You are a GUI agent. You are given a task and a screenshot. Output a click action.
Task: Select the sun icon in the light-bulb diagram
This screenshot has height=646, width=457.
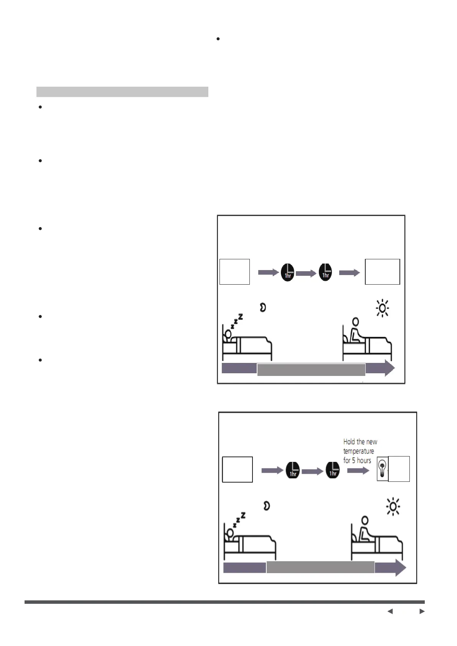coord(393,507)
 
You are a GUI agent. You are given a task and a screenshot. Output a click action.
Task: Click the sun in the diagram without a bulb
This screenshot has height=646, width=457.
coord(383,308)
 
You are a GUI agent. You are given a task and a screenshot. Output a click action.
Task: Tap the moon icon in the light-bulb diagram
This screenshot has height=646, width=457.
coord(267,506)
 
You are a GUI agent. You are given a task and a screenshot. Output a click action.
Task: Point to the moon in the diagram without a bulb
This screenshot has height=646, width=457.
coord(263,307)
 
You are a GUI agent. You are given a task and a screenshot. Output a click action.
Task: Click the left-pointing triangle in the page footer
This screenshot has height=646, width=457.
coord(390,611)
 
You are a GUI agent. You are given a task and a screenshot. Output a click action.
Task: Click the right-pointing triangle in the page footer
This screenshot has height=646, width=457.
coord(422,611)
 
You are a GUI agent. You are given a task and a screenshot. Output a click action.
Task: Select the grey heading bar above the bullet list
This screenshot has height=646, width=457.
coord(122,92)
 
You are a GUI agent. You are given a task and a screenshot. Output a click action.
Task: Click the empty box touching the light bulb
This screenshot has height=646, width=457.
coord(399,469)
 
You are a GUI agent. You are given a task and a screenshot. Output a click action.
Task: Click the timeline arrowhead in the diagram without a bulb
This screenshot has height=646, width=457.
coord(389,369)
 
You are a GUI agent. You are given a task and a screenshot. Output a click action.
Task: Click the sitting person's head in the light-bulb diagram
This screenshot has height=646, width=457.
coord(365,520)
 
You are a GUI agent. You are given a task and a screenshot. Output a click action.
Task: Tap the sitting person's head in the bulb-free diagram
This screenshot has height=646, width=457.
coord(356,321)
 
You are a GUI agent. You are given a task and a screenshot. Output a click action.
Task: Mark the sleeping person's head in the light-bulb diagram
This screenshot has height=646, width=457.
coord(230,532)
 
